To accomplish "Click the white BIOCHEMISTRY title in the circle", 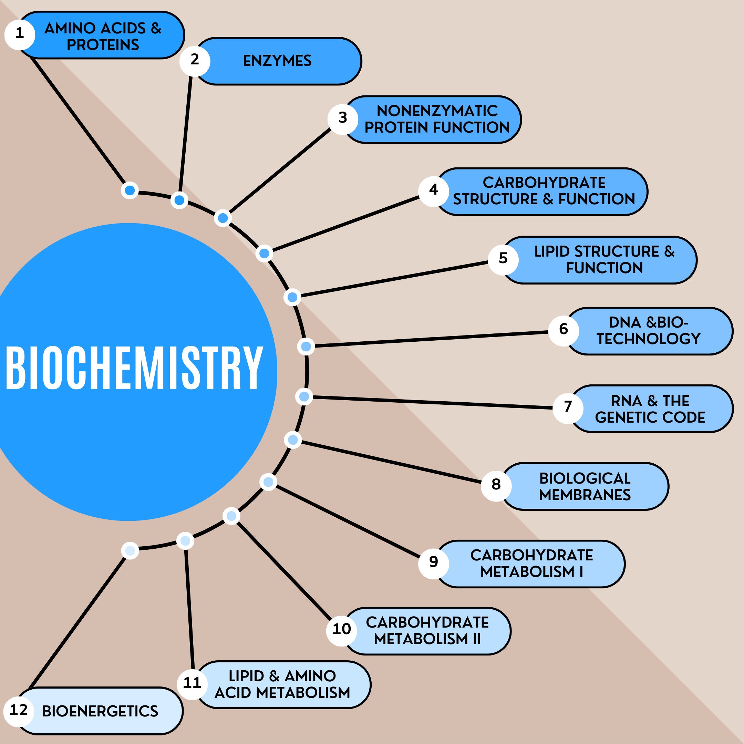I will [134, 368].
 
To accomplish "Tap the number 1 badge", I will [20, 34].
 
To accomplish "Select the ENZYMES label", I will [277, 61].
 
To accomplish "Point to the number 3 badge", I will [343, 118].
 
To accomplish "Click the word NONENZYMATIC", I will [437, 111].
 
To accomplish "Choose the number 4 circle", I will [434, 190].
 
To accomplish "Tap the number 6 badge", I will [564, 329].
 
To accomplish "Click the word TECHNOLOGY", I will [649, 339].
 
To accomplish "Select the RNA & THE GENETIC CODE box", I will [651, 409].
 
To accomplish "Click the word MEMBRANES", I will [585, 495].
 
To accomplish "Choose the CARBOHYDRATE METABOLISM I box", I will [531, 564].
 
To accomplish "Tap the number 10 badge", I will [342, 629].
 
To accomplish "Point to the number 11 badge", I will [192, 683].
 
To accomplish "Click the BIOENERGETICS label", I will [100, 711].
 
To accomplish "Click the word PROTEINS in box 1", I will [103, 45].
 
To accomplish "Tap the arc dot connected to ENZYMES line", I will [179, 200].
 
